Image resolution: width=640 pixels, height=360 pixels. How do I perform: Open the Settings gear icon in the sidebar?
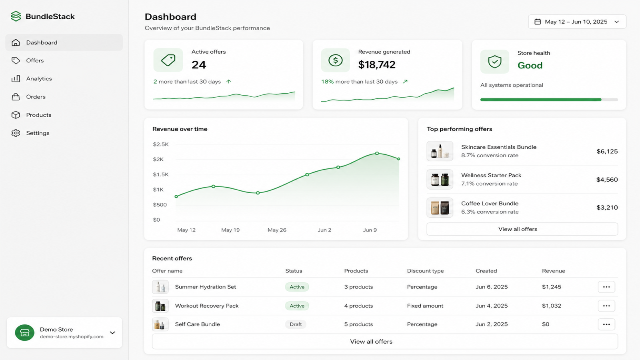click(16, 133)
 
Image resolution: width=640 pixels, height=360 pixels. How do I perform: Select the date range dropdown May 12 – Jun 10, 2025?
click(577, 22)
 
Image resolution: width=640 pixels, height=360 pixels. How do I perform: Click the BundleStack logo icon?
click(16, 16)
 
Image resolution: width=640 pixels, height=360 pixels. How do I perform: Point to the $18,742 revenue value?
click(377, 65)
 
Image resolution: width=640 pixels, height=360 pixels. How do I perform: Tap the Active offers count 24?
click(198, 65)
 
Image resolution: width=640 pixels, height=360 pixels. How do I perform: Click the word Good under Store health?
click(530, 66)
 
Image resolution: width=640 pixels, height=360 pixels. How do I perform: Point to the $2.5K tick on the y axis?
click(161, 144)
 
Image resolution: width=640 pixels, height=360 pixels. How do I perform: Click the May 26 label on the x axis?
click(277, 230)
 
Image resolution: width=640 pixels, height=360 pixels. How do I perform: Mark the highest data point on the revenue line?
click(377, 154)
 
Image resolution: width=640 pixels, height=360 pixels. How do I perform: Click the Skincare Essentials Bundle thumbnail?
click(440, 151)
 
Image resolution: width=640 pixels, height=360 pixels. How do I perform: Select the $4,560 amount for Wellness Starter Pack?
click(607, 180)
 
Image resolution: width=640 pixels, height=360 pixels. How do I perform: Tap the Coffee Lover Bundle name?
click(490, 204)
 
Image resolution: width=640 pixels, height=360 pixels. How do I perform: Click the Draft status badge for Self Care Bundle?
click(296, 324)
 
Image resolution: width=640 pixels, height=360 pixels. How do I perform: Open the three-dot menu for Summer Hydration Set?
click(606, 287)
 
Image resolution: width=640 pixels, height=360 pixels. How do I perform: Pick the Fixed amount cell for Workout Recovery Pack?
click(425, 306)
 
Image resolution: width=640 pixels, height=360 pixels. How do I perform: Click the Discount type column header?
click(426, 271)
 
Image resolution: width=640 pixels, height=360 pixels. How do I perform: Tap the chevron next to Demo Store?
click(112, 332)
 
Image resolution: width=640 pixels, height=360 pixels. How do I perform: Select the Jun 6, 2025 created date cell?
click(492, 287)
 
